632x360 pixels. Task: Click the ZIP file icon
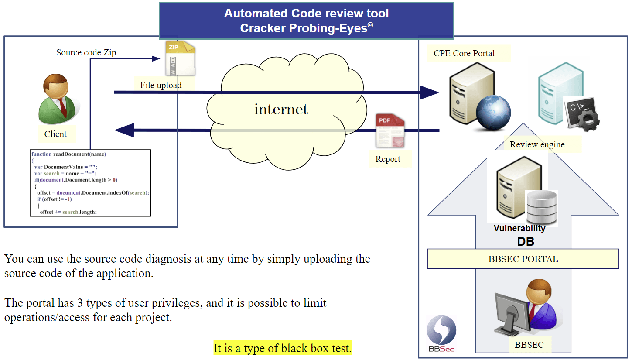pyautogui.click(x=180, y=58)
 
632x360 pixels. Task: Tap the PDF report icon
pyautogui.click(x=390, y=131)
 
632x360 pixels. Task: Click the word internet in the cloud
pyautogui.click(x=281, y=109)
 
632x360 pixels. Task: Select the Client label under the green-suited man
pyautogui.click(x=55, y=134)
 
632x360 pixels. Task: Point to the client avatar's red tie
pyautogui.click(x=63, y=107)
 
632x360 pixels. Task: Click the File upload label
pyautogui.click(x=161, y=85)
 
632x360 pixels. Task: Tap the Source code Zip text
pyautogui.click(x=86, y=52)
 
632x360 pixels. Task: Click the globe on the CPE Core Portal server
pyautogui.click(x=493, y=113)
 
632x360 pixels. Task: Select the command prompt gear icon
pyautogui.click(x=581, y=113)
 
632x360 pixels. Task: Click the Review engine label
pyautogui.click(x=537, y=144)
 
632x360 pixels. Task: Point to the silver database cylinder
pyautogui.click(x=541, y=208)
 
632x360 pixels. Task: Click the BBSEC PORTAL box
pyautogui.click(x=523, y=259)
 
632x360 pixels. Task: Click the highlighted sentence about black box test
pyautogui.click(x=283, y=348)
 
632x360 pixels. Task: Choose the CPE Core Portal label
pyautogui.click(x=464, y=53)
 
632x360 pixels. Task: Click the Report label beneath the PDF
pyautogui.click(x=388, y=159)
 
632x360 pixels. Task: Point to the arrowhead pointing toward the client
pyautogui.click(x=124, y=130)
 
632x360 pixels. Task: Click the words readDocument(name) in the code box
pyautogui.click(x=79, y=154)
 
